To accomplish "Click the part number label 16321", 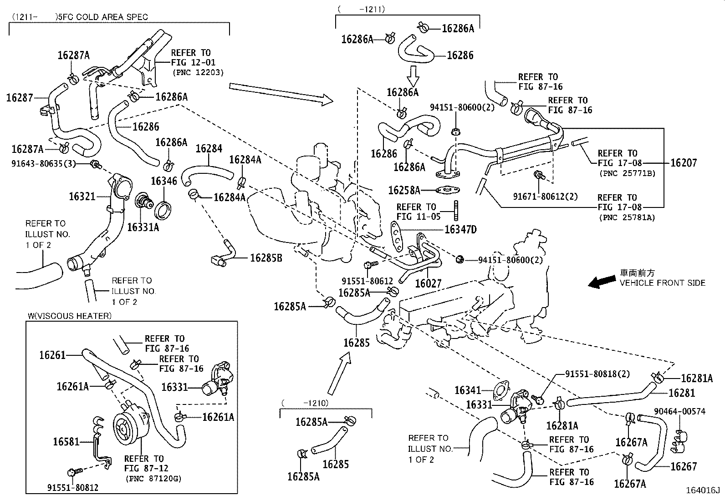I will click(82, 196).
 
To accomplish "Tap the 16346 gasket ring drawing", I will click(164, 210).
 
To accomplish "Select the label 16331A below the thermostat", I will click(143, 227).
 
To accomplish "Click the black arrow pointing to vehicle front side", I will click(600, 282).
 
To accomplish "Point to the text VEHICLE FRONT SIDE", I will click(662, 283).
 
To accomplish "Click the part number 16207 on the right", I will click(683, 162).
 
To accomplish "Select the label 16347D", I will click(460, 229).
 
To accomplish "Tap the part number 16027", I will click(428, 283).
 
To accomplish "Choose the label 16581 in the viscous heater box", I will click(66, 441).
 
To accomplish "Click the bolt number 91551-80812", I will click(73, 488).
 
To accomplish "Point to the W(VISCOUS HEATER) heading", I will click(69, 316).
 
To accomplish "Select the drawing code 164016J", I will click(703, 490).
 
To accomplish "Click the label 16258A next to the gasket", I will click(404, 190).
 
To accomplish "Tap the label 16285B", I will click(266, 258).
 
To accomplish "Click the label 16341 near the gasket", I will click(468, 390).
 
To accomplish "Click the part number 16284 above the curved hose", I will click(209, 148).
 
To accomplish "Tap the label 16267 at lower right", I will click(684, 466).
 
